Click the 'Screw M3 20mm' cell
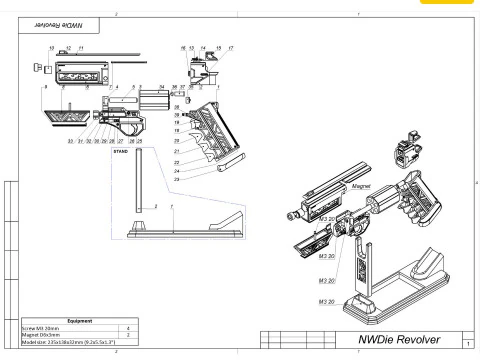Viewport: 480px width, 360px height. click(45, 327)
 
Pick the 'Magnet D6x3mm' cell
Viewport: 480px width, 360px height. click(46, 335)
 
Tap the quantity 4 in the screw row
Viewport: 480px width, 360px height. click(129, 327)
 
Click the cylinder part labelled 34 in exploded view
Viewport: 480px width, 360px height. click(156, 99)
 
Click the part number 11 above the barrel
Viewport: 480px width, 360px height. click(80, 48)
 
